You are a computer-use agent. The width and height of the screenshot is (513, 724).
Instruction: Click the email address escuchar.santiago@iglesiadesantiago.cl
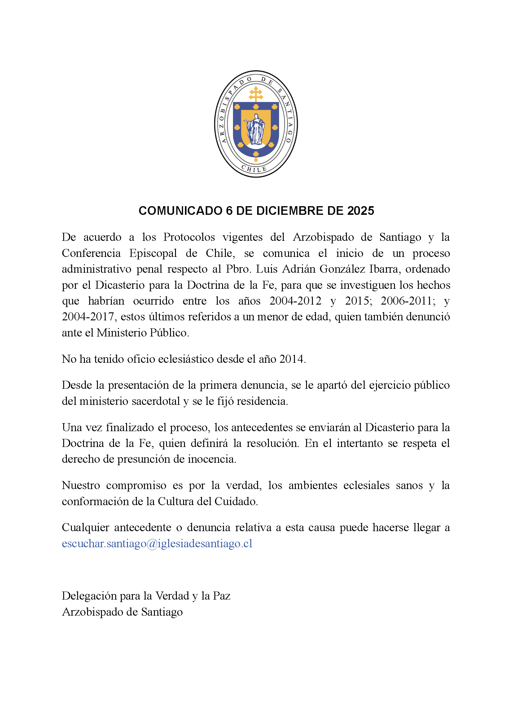click(157, 544)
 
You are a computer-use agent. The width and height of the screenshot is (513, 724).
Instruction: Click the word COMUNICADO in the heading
click(180, 211)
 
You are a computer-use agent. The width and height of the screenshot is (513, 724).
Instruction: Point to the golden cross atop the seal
click(256, 94)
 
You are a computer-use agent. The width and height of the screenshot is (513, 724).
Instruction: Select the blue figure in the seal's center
click(255, 129)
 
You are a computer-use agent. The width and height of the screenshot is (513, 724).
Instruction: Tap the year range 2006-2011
click(406, 301)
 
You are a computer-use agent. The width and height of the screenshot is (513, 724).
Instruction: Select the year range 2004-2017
click(87, 317)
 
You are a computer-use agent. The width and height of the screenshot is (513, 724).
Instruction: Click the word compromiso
click(136, 485)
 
